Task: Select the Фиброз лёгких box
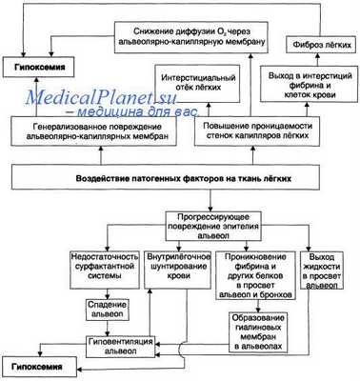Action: pyautogui.click(x=320, y=45)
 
